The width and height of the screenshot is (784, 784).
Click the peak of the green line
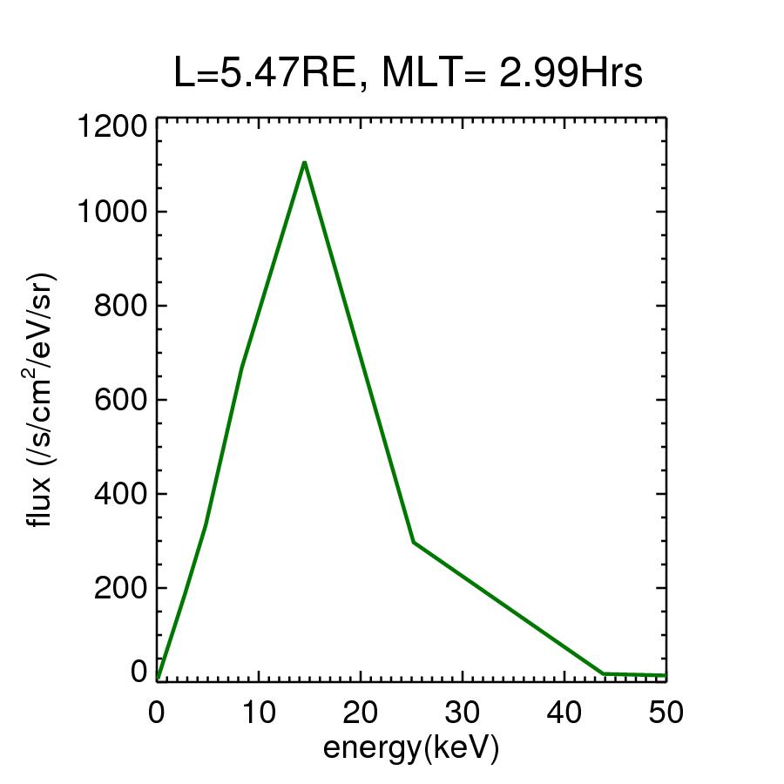pos(304,162)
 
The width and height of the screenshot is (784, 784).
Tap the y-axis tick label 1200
pos(112,127)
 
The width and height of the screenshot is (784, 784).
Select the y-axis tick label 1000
pos(112,212)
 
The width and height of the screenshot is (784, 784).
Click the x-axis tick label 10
pos(259,713)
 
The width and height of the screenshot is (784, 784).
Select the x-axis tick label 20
pos(361,713)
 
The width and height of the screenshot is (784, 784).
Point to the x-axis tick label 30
pos(463,713)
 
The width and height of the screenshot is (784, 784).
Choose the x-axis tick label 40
pos(564,713)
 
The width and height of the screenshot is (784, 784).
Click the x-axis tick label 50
pos(666,713)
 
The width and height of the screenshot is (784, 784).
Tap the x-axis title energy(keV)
pos(411,747)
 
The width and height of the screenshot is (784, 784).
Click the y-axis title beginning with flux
pos(41,400)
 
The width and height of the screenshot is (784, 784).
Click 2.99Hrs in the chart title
pos(571,74)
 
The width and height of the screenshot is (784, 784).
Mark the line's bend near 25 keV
pos(413,542)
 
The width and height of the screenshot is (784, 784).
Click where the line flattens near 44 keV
pos(603,673)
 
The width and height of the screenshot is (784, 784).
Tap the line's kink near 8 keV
pos(241,366)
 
